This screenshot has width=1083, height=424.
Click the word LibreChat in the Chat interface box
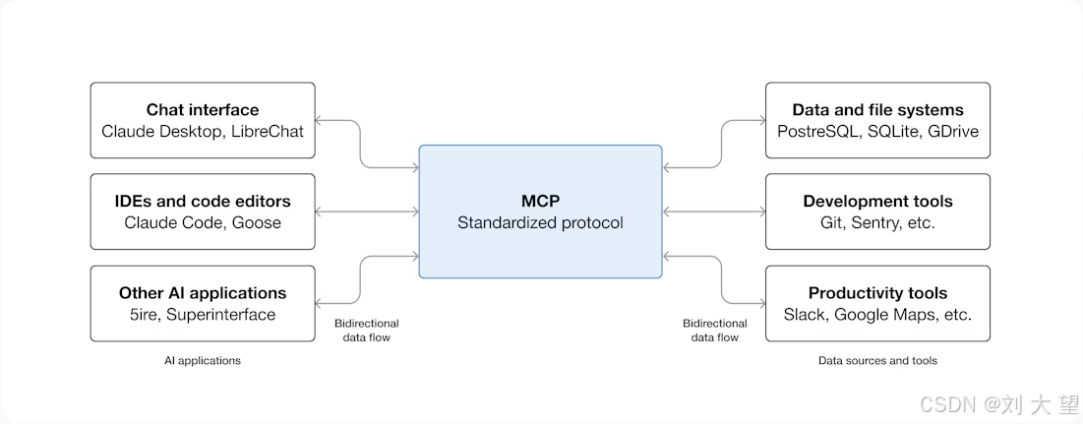pyautogui.click(x=268, y=131)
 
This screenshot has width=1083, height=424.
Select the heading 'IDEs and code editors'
pyautogui.click(x=203, y=202)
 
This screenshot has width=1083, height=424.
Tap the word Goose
pyautogui.click(x=257, y=222)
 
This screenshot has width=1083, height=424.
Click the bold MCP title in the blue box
pyautogui.click(x=540, y=202)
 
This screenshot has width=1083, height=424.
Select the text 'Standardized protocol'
pyautogui.click(x=540, y=222)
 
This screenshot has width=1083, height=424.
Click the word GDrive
pyautogui.click(x=951, y=131)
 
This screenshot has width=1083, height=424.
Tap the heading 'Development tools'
pyautogui.click(x=877, y=202)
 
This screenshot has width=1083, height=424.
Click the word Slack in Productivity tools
pyautogui.click(x=806, y=315)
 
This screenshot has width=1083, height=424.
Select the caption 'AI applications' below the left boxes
pyautogui.click(x=203, y=361)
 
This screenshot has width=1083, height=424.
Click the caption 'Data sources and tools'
pyautogui.click(x=877, y=361)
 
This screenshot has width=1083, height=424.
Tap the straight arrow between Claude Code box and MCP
pyautogui.click(x=367, y=212)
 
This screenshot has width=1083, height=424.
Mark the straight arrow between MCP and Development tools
pyautogui.click(x=713, y=212)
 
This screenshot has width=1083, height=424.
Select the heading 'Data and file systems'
pyautogui.click(x=877, y=110)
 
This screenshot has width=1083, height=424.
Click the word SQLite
pyautogui.click(x=892, y=131)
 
